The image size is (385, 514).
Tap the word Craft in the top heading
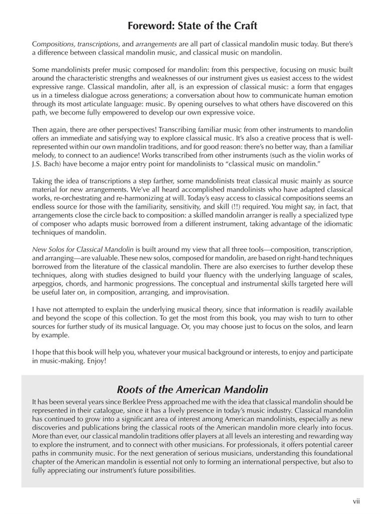(x=244, y=25)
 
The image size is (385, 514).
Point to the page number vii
(x=356, y=500)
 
